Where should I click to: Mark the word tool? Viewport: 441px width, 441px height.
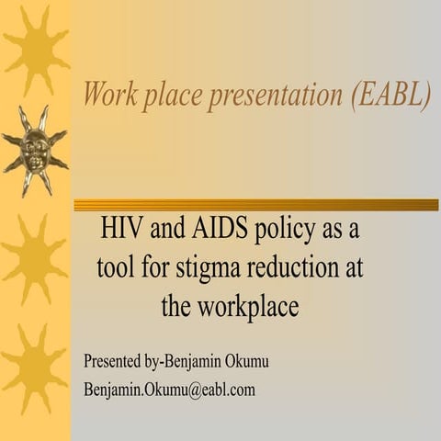[118, 268]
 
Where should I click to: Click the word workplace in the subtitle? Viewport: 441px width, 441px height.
[247, 307]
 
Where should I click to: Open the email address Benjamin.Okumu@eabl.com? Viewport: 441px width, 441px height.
[169, 389]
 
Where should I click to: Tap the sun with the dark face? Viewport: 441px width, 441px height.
[34, 146]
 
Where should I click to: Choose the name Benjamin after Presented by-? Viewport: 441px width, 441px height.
[190, 360]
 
